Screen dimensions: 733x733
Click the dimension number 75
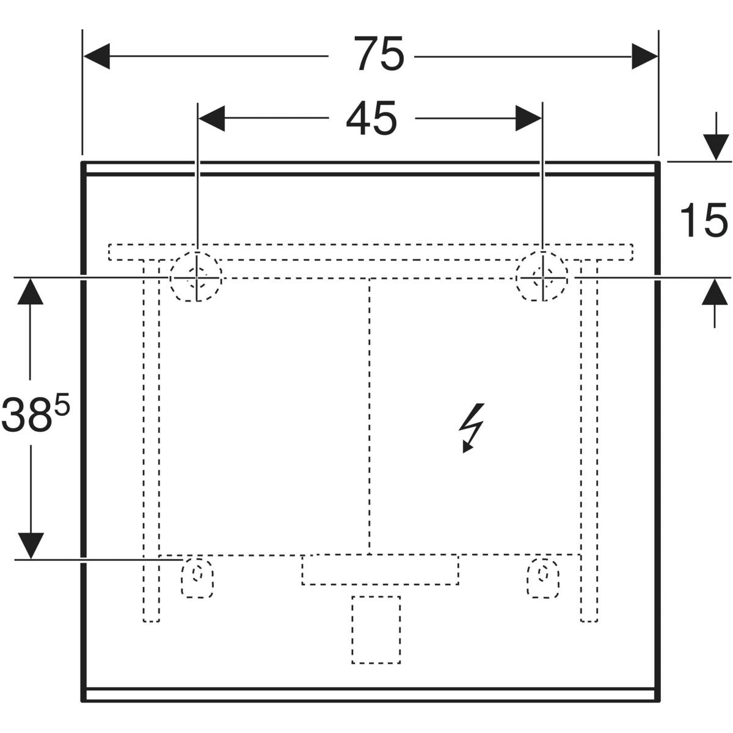[379, 55]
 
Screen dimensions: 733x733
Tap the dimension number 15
[704, 221]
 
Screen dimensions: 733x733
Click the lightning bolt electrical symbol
[472, 427]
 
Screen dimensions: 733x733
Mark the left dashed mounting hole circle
[196, 276]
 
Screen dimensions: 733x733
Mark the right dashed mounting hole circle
[542, 277]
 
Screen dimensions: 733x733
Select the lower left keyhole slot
[197, 577]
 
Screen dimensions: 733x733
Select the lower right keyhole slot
[543, 577]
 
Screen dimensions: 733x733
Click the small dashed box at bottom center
[376, 630]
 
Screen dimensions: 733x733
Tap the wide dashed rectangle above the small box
[380, 570]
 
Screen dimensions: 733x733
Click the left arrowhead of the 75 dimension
[97, 56]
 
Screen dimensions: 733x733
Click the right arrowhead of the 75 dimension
[644, 56]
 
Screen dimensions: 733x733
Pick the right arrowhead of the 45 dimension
[528, 118]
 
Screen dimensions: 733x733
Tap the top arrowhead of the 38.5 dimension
[30, 293]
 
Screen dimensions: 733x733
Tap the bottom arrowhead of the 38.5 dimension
[30, 544]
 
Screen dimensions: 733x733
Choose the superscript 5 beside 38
[62, 404]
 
